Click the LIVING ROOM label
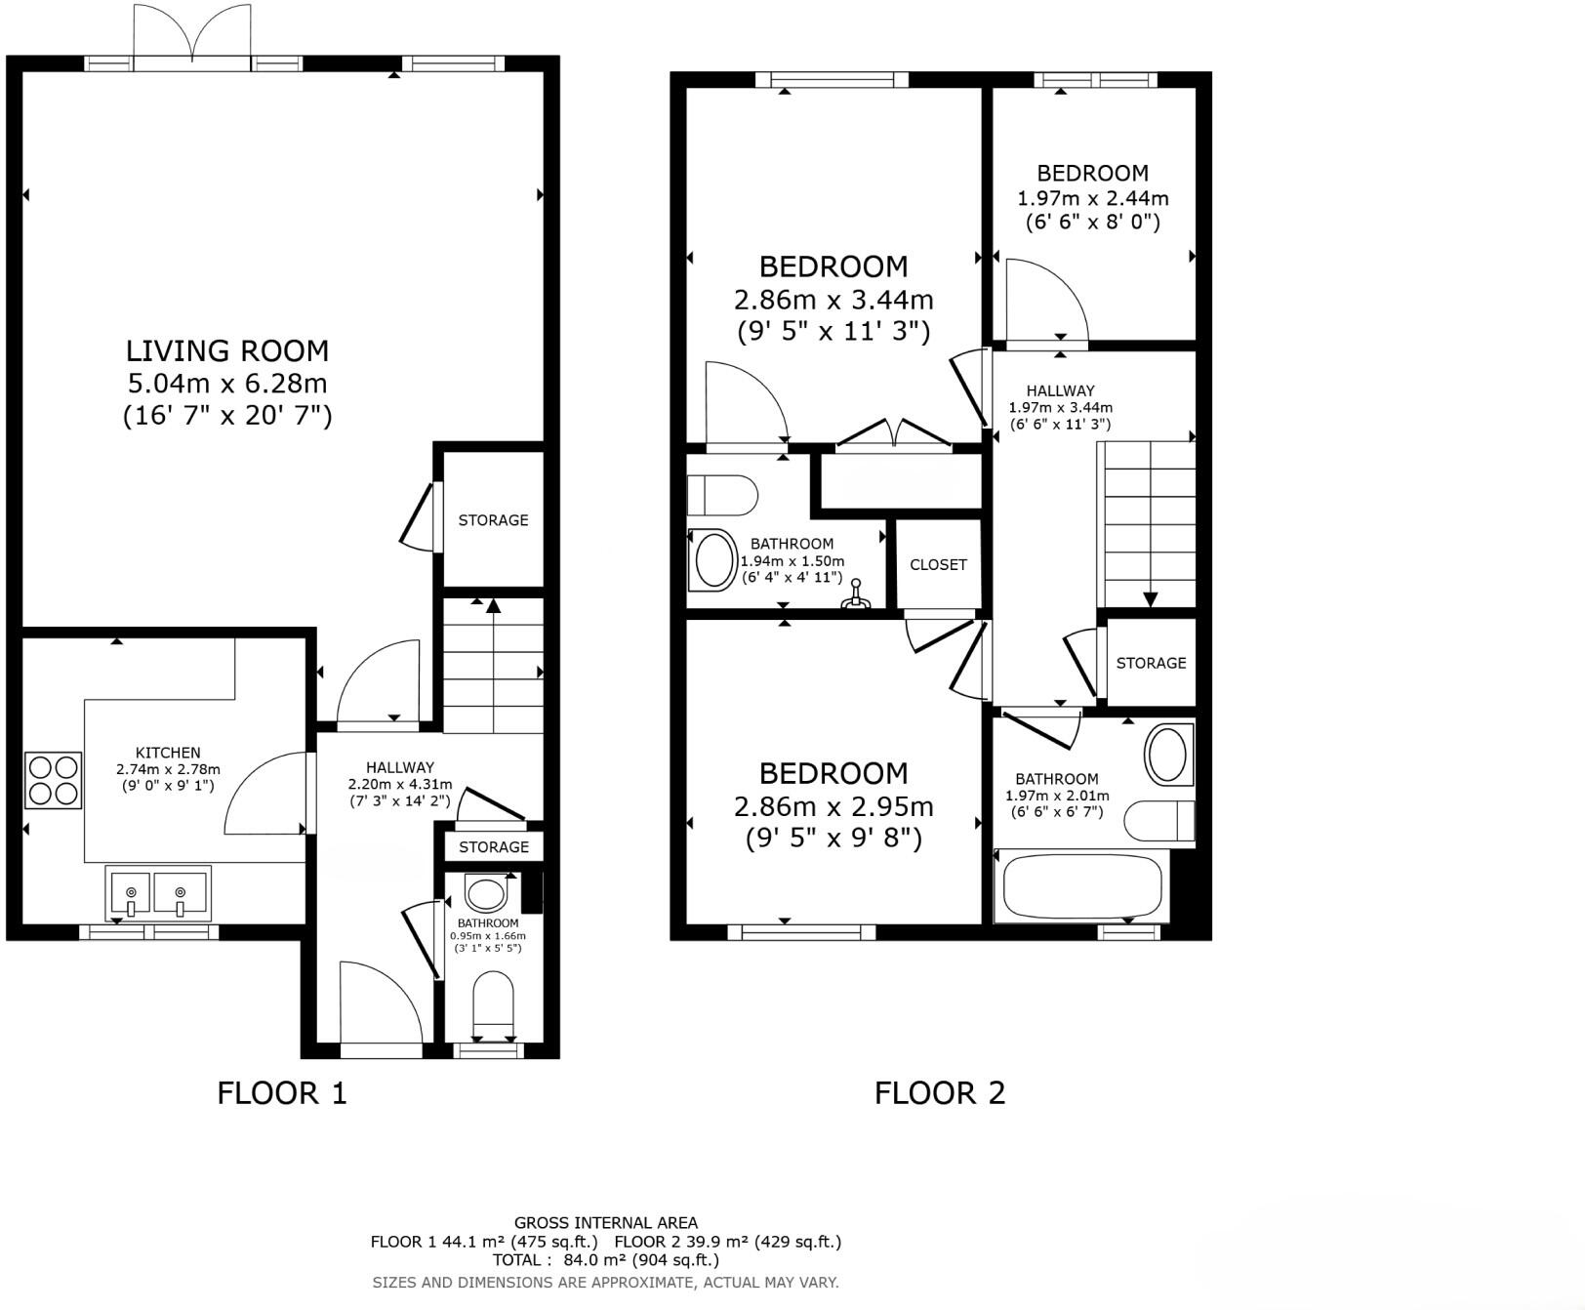227,350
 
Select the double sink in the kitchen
157,893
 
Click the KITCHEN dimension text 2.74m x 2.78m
168,769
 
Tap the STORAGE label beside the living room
493,520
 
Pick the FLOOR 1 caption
281,1092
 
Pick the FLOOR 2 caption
939,1092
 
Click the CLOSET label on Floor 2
938,564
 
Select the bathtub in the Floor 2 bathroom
1081,886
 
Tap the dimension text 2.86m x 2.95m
833,807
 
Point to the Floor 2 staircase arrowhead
1150,599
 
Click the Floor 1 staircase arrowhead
493,605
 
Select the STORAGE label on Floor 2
1151,663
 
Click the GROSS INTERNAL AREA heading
605,1222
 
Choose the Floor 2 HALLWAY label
1060,390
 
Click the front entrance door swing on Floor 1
381,1001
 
